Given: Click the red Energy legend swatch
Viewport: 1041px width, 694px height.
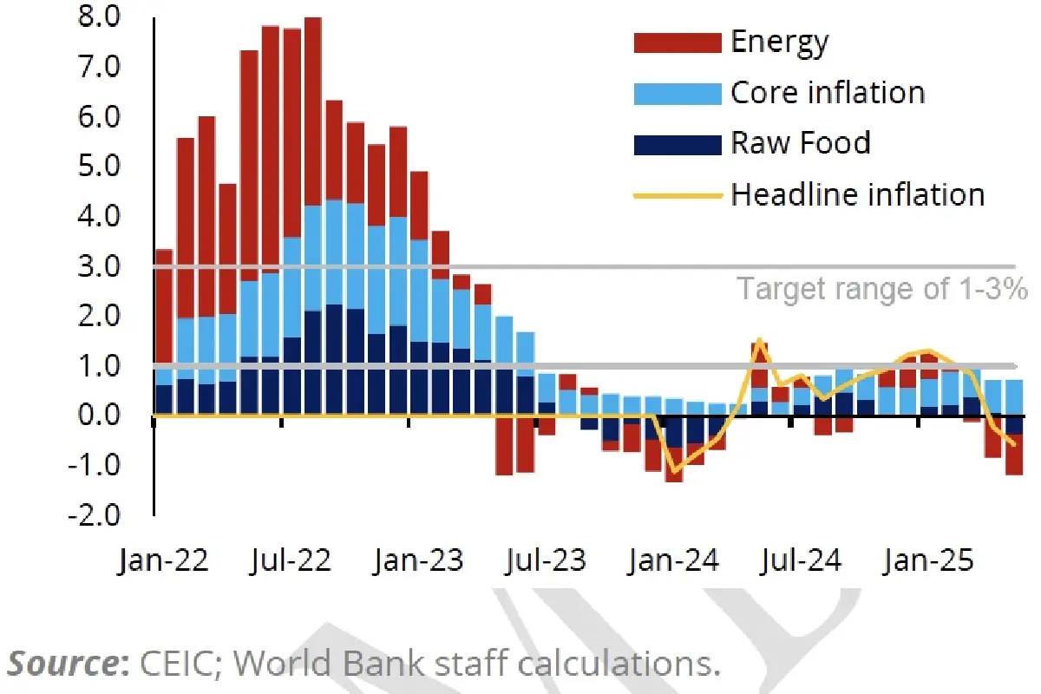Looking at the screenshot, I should [678, 42].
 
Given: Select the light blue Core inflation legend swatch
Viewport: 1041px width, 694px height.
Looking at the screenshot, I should [678, 93].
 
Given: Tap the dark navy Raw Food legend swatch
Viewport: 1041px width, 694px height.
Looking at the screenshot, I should [678, 143].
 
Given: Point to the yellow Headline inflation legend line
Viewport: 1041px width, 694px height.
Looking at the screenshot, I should [678, 194].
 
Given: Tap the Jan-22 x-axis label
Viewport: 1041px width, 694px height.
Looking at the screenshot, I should [163, 561].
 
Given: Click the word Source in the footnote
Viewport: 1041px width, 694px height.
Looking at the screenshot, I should [66, 664].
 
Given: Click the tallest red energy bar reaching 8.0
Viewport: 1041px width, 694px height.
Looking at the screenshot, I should [313, 104].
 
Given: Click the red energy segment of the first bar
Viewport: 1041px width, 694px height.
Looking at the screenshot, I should [163, 304].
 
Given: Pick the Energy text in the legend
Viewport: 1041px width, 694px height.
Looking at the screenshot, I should [779, 42].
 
